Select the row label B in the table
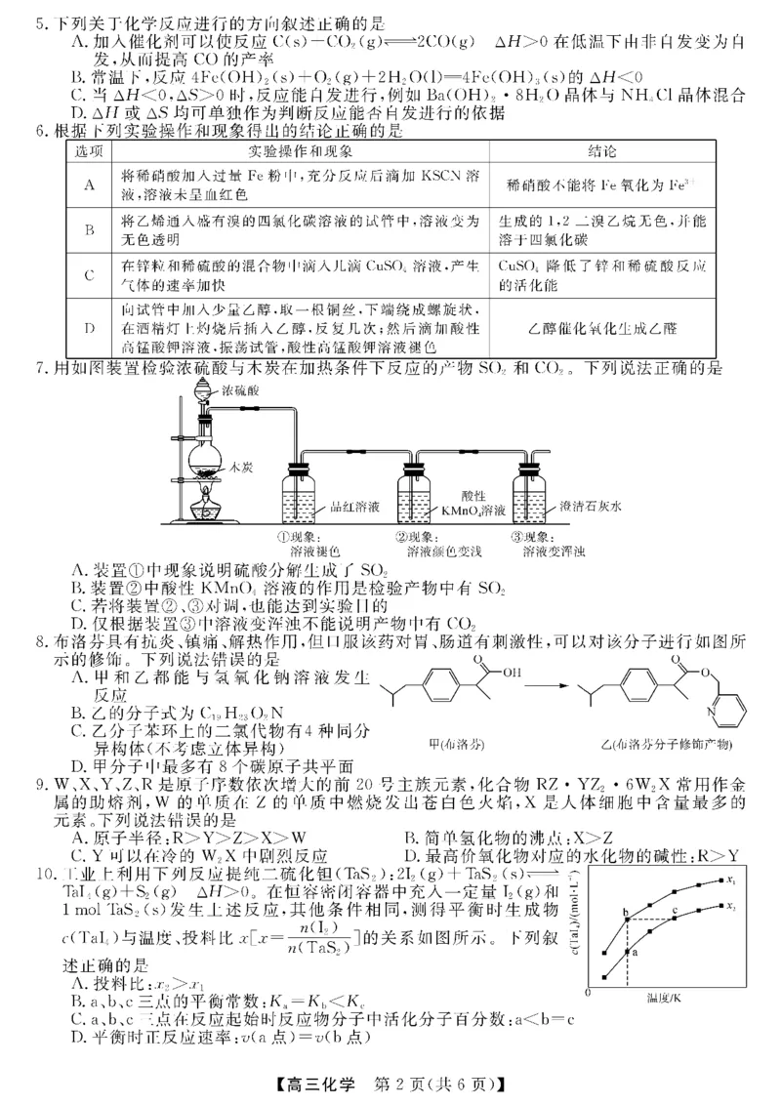89,230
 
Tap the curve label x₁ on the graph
730,880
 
